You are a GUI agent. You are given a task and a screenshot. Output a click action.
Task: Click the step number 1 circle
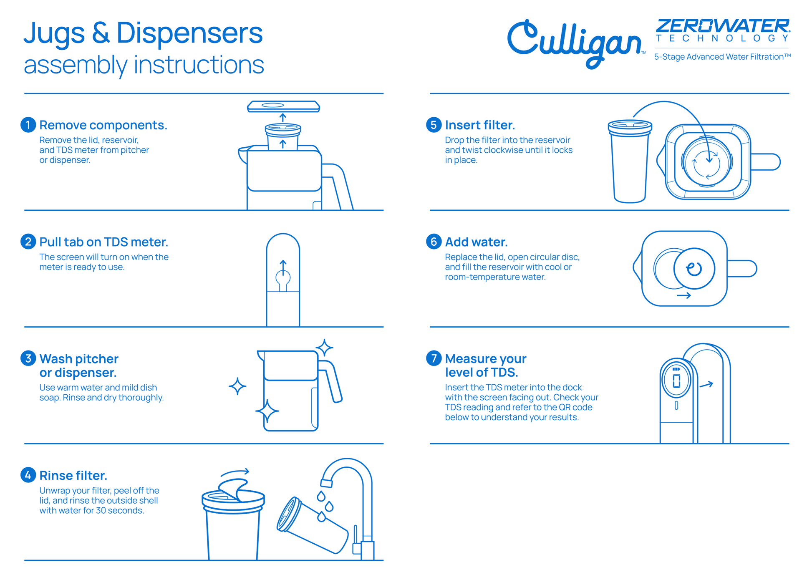pos(28,125)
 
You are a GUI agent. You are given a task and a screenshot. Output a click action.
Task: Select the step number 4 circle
pos(28,475)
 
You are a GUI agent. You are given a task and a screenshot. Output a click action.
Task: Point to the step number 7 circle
pos(434,358)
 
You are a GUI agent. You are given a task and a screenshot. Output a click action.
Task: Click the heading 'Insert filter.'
pos(480,125)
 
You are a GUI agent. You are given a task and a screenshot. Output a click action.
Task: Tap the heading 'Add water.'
pos(476,242)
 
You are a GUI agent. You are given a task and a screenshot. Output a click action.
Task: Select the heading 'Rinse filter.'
pos(73,475)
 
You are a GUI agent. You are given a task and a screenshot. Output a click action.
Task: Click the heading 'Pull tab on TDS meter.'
pos(104,242)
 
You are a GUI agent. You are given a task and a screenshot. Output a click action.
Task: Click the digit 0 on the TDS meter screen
pos(676,381)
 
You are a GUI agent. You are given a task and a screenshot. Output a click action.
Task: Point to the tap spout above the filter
pos(326,483)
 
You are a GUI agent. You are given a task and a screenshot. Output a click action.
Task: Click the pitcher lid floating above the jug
pos(283,106)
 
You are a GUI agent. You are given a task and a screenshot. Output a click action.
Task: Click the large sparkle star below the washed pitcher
pos(267,411)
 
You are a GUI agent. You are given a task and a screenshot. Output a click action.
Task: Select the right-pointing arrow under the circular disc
pos(684,295)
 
